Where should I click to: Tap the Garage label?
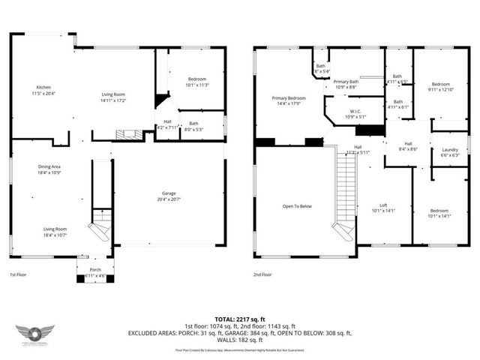(x=169, y=193)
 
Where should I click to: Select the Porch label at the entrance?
(x=95, y=270)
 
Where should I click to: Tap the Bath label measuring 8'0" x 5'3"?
(x=193, y=124)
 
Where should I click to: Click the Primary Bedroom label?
(x=288, y=98)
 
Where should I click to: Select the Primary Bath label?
(x=345, y=82)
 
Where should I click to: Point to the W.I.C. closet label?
(x=353, y=112)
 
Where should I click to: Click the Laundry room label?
(x=450, y=150)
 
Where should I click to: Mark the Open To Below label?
(x=296, y=206)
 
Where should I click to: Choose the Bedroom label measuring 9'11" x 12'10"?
(x=440, y=85)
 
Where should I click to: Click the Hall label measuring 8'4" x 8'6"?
(x=408, y=144)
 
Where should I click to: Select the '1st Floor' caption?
(x=19, y=275)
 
